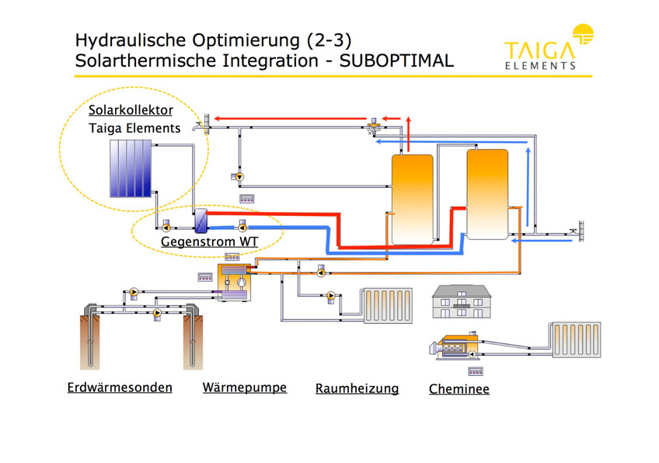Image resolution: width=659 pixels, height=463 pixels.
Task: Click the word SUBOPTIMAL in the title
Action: [x=396, y=61]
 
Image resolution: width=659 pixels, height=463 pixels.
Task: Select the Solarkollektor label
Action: [x=131, y=110]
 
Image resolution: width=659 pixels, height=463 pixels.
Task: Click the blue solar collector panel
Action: [x=131, y=169]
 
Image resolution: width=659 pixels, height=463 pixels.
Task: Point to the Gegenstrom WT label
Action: [x=209, y=242]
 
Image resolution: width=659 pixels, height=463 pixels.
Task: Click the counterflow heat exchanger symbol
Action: [x=201, y=221]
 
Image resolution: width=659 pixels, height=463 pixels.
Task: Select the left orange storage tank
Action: [x=413, y=200]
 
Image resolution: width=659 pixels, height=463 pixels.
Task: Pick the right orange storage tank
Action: [x=487, y=194]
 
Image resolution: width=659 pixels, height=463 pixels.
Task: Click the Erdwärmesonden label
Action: [x=120, y=388]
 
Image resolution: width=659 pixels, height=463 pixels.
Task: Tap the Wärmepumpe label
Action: [x=245, y=388]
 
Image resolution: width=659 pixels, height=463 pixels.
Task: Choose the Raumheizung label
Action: [x=357, y=388]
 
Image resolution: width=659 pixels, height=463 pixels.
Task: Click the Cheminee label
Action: [x=459, y=389]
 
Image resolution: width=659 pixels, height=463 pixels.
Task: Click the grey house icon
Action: [x=462, y=301]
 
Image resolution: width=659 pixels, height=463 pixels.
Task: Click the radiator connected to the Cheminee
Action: [x=576, y=340]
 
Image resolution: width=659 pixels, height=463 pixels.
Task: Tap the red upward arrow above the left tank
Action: [x=408, y=134]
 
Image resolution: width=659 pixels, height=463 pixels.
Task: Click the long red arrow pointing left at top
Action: [x=290, y=119]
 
